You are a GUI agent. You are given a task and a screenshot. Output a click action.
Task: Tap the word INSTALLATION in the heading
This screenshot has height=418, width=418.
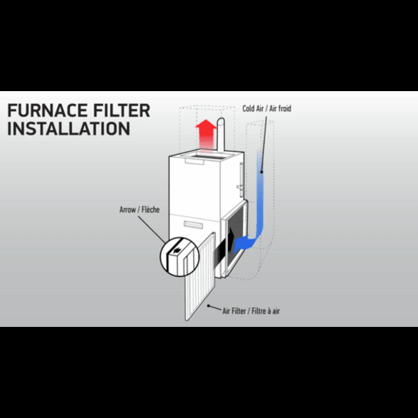(69, 129)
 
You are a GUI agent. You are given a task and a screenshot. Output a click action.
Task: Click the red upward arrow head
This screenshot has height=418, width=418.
(206, 125)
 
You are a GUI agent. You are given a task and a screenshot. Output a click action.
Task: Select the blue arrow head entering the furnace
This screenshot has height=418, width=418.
(241, 243)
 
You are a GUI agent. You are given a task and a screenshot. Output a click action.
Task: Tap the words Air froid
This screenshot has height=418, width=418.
(280, 108)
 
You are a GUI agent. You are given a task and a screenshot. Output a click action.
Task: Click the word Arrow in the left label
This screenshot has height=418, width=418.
(127, 210)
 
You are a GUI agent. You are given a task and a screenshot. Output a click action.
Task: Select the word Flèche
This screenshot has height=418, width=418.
(150, 210)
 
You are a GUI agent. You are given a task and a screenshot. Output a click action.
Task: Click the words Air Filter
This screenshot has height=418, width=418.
(234, 311)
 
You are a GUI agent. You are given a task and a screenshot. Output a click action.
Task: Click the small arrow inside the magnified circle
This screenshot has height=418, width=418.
(177, 250)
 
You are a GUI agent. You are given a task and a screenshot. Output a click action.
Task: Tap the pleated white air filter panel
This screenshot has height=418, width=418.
(200, 277)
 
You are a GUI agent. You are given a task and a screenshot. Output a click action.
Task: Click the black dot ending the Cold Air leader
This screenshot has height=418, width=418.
(261, 172)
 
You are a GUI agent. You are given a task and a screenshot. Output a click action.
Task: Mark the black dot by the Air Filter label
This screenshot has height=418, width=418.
(209, 306)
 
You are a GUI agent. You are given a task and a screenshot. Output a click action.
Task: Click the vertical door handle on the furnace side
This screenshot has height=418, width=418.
(241, 179)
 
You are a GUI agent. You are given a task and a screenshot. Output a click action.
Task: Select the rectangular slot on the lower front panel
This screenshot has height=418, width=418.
(193, 225)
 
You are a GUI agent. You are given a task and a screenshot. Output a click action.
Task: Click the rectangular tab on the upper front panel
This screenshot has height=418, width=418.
(194, 161)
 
